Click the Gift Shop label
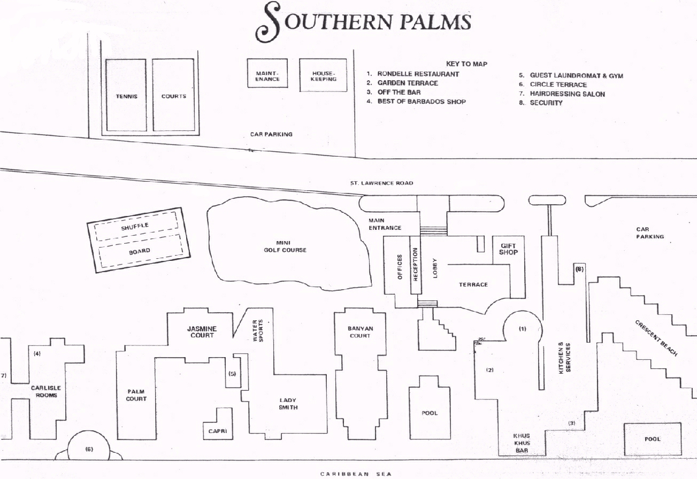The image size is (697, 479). [x=508, y=249]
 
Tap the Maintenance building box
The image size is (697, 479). [x=267, y=73]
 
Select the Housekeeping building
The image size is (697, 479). [x=323, y=75]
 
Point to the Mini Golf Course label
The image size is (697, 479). [x=285, y=246]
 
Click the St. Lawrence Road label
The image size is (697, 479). [x=382, y=183]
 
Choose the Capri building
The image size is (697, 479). [x=218, y=423]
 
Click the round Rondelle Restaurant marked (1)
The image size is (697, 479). [x=523, y=329]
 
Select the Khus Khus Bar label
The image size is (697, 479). [x=522, y=443]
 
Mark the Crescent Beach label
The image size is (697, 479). [x=656, y=338]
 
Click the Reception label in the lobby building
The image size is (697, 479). [x=415, y=265]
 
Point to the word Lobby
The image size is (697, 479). [x=435, y=268]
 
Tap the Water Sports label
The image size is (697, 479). [x=258, y=330]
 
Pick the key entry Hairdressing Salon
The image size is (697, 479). [x=567, y=94]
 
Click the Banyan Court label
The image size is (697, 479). [x=360, y=332]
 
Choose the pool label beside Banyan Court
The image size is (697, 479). [x=430, y=413]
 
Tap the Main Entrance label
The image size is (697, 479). [x=385, y=224]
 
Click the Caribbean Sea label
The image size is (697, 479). [x=356, y=474]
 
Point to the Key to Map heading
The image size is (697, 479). [x=466, y=64]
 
